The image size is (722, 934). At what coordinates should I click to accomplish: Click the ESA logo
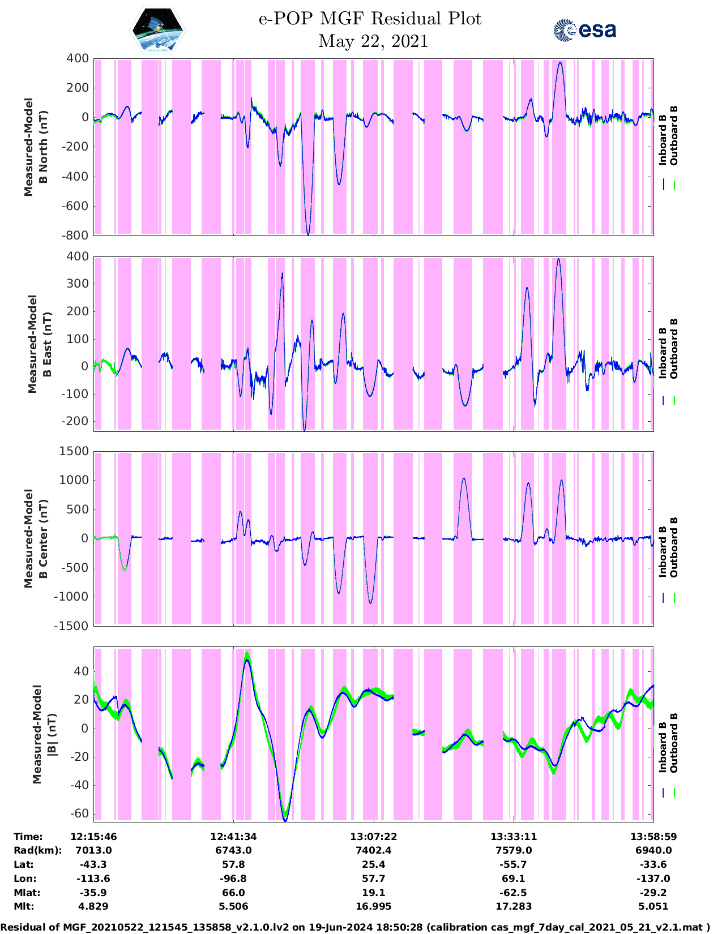coord(584,30)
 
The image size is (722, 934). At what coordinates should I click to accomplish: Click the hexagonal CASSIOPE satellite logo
coord(157,31)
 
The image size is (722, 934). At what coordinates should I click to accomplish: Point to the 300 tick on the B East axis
coord(78,284)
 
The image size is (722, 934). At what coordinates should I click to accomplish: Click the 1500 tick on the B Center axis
coord(74,451)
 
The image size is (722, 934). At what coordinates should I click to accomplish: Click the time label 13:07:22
coord(373,837)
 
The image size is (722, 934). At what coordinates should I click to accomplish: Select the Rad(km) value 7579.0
coord(513,851)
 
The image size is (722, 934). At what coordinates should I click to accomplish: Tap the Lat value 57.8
coord(233,865)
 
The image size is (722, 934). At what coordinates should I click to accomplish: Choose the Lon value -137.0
coord(653,879)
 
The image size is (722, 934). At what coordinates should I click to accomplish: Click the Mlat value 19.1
coord(373,893)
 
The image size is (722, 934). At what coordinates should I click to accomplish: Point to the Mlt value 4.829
coord(93,907)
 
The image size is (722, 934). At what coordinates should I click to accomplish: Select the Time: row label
coord(28,837)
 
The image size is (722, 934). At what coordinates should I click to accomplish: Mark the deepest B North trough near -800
coord(308,234)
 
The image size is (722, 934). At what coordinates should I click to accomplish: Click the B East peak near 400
coord(558,259)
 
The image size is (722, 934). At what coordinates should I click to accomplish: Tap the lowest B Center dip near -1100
coord(370,603)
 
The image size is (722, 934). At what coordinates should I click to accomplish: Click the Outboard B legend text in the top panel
coord(674,136)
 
